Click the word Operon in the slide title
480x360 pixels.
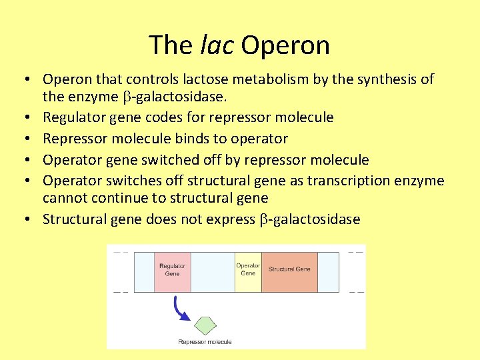click(x=285, y=46)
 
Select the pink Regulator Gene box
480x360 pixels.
click(x=172, y=271)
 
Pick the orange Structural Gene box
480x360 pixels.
click(x=289, y=271)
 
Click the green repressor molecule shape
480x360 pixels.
click(x=205, y=325)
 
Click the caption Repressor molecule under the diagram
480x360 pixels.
click(x=205, y=342)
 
